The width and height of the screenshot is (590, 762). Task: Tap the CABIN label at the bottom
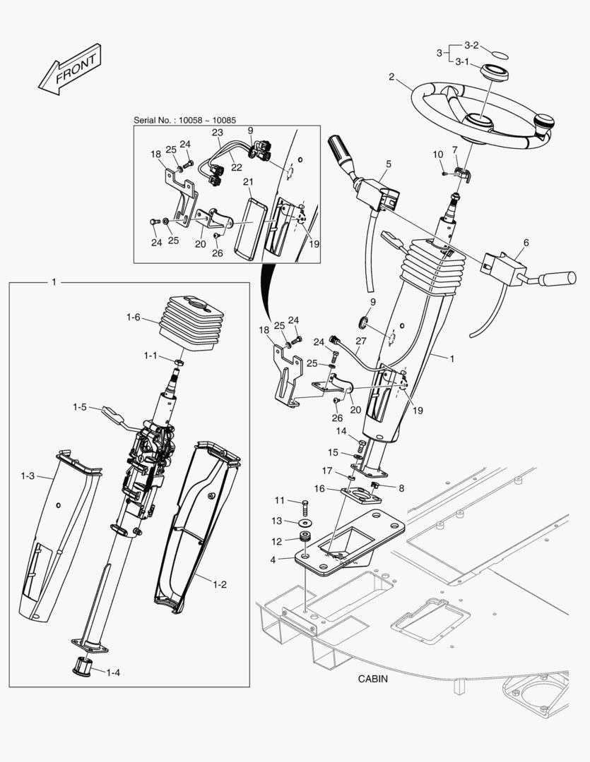tap(373, 679)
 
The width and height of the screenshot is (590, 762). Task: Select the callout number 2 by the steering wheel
tap(391, 77)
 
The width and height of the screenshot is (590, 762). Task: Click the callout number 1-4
tap(112, 672)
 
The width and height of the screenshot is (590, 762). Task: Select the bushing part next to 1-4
tap(84, 665)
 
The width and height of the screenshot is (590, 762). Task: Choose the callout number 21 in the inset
tap(248, 182)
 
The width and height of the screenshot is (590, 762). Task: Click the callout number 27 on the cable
tap(361, 341)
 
